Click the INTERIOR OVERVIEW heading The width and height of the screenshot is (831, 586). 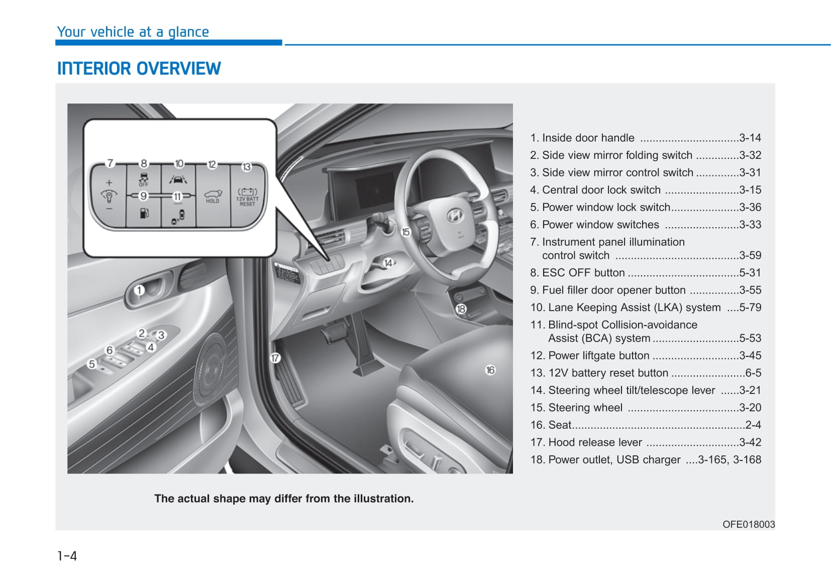(139, 68)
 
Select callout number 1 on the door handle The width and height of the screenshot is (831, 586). (140, 290)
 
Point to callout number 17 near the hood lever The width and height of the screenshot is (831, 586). (275, 358)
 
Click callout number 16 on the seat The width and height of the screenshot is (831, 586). (490, 370)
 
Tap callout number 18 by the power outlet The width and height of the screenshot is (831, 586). (461, 309)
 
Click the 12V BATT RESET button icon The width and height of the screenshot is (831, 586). (247, 197)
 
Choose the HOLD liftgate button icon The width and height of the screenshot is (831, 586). (213, 196)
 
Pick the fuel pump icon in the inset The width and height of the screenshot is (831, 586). (144, 213)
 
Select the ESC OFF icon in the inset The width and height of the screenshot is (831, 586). (144, 178)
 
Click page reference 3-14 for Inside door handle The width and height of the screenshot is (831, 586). (750, 138)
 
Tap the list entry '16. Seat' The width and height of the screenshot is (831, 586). (551, 425)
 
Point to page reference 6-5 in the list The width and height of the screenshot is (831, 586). (753, 373)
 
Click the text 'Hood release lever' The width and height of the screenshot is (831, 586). (595, 442)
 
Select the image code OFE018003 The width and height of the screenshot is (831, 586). (748, 524)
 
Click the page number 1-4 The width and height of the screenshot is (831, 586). (67, 556)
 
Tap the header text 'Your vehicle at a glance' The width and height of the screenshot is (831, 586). (133, 32)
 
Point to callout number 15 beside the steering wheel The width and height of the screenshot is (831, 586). (405, 232)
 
